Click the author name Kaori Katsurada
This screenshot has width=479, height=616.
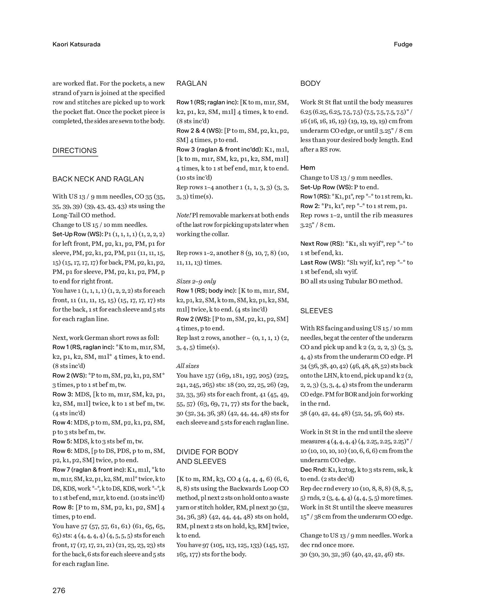[76, 44]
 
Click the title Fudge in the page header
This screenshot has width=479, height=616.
[403, 44]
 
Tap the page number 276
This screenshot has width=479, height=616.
[59, 590]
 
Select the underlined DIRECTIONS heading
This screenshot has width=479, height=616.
[75, 151]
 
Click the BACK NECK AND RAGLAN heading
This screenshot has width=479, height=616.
[98, 179]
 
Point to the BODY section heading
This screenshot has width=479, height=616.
[310, 83]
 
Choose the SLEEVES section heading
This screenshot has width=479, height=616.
[316, 311]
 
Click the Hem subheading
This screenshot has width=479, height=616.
[308, 167]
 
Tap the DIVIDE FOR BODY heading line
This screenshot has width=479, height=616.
[207, 452]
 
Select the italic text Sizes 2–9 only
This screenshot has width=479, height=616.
[196, 281]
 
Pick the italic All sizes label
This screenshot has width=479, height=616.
[188, 366]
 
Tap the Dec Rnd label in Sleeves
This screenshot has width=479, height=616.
[314, 469]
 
